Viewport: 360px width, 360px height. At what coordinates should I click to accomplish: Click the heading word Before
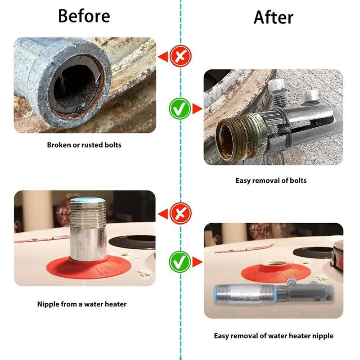(84, 16)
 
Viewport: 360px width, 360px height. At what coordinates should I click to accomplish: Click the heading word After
(274, 18)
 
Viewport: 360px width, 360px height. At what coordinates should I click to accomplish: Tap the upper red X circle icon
(180, 56)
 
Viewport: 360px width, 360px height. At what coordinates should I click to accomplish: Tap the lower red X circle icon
(180, 213)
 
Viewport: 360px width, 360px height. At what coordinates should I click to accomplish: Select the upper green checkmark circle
(180, 108)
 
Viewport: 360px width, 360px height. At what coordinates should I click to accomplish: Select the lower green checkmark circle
(180, 262)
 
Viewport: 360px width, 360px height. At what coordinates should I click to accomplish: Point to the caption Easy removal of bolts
(271, 180)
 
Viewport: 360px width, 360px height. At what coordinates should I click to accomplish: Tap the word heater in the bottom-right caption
(300, 336)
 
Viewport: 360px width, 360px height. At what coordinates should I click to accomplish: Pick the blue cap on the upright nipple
(88, 199)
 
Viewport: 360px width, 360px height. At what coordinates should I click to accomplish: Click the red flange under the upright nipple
(89, 267)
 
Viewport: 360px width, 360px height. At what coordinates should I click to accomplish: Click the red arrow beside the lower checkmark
(198, 262)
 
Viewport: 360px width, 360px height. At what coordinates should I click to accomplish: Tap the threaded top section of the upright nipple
(88, 213)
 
